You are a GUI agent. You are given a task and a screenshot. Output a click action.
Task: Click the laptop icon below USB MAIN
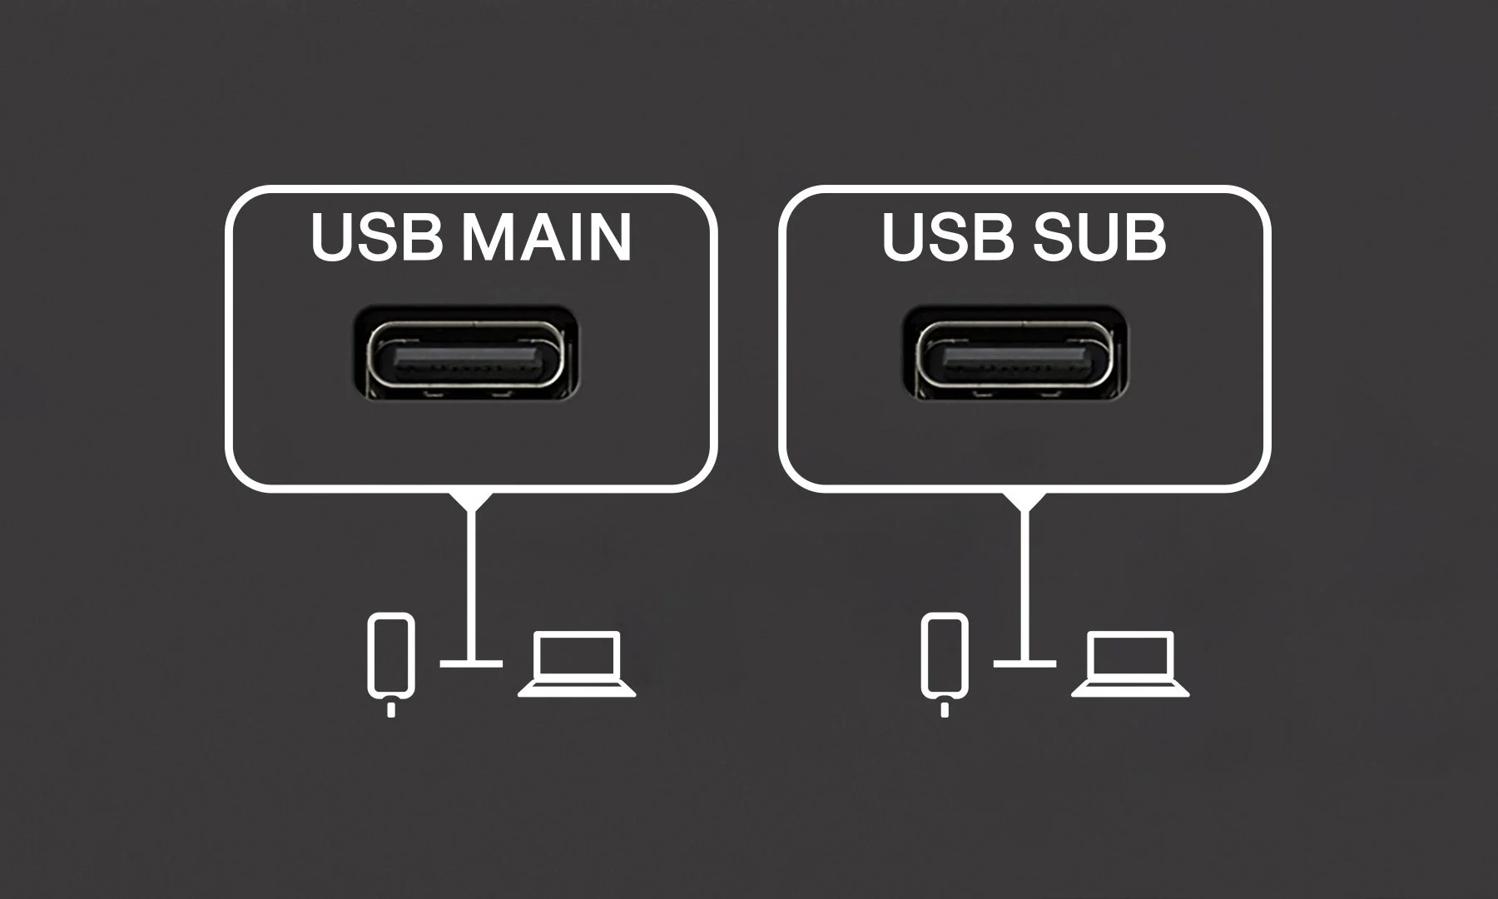577,663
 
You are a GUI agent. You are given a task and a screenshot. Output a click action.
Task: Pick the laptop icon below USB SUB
1130,663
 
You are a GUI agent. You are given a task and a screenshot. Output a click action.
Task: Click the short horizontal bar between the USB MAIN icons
472,663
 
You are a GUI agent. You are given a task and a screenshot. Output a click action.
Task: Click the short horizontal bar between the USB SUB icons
1024,663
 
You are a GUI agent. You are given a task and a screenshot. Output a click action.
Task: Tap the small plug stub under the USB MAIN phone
390,710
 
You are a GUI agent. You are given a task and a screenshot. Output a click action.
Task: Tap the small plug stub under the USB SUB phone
944,710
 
